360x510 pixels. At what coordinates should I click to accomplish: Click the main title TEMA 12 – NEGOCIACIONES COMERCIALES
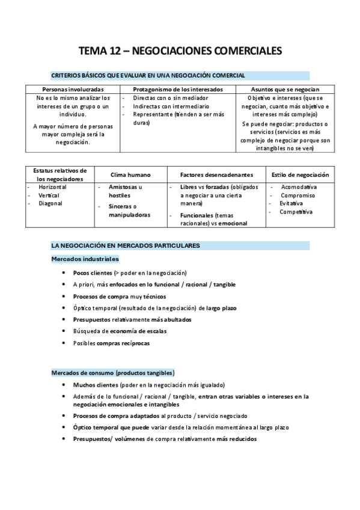[180, 52]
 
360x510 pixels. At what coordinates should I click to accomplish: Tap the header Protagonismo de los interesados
[178, 89]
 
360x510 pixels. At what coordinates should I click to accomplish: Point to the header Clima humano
[130, 174]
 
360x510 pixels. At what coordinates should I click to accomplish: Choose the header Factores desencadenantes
[215, 174]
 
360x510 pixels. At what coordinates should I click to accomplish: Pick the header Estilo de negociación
[301, 174]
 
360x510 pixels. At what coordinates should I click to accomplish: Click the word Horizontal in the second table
[52, 187]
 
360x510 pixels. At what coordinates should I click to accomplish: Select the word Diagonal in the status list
[50, 203]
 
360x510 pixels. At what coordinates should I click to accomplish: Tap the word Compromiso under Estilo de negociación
[297, 195]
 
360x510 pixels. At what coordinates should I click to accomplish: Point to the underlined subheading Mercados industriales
[85, 259]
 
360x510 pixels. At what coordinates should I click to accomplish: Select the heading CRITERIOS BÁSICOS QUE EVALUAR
[148, 75]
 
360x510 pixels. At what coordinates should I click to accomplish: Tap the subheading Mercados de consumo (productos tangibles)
[113, 373]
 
